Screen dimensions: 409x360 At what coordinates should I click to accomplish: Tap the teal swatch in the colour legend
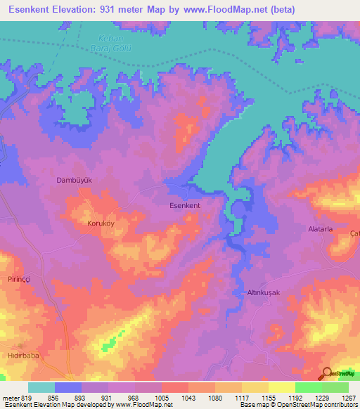pyautogui.click(x=41, y=387)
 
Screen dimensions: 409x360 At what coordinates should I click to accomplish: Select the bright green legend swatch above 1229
pyautogui.click(x=309, y=387)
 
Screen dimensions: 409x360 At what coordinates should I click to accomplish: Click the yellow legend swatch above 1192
pyautogui.click(x=282, y=387)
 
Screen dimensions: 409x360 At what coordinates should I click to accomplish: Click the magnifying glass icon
pyautogui.click(x=326, y=374)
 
